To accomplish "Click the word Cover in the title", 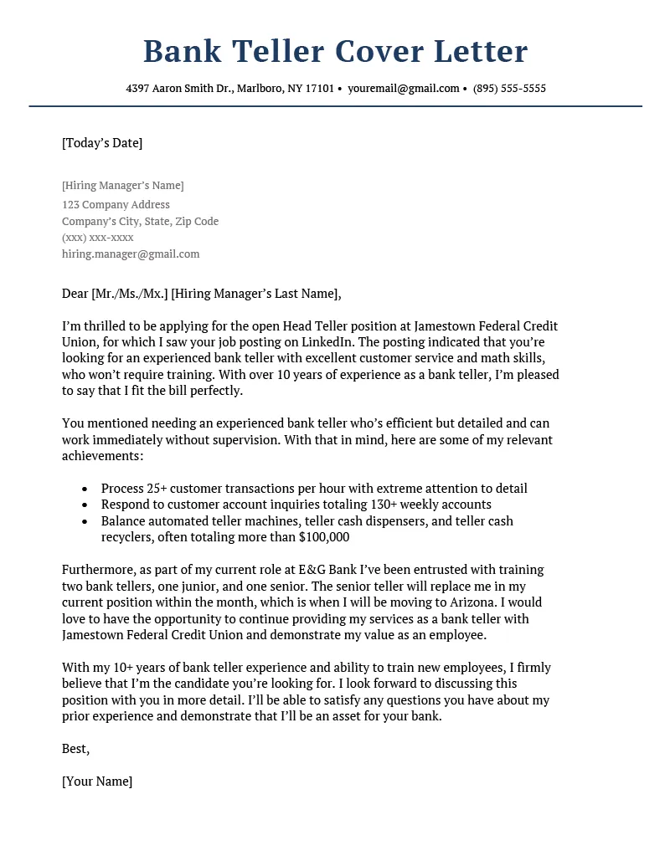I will pyautogui.click(x=379, y=52).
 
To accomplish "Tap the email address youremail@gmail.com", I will pyautogui.click(x=404, y=89).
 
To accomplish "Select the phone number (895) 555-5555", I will pyautogui.click(x=509, y=89).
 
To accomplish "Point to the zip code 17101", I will pyautogui.click(x=319, y=89).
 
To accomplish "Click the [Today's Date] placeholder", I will pyautogui.click(x=102, y=143).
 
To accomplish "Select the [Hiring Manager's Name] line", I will pyautogui.click(x=122, y=186).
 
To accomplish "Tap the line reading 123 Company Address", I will pyautogui.click(x=116, y=205).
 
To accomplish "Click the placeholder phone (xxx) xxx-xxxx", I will pyautogui.click(x=98, y=238).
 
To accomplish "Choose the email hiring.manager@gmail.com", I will pyautogui.click(x=131, y=254).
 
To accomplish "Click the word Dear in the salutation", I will pyautogui.click(x=75, y=294).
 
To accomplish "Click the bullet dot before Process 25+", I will pyautogui.click(x=86, y=489).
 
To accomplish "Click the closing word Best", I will pyautogui.click(x=75, y=749).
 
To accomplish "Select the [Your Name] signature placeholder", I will pyautogui.click(x=97, y=781).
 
